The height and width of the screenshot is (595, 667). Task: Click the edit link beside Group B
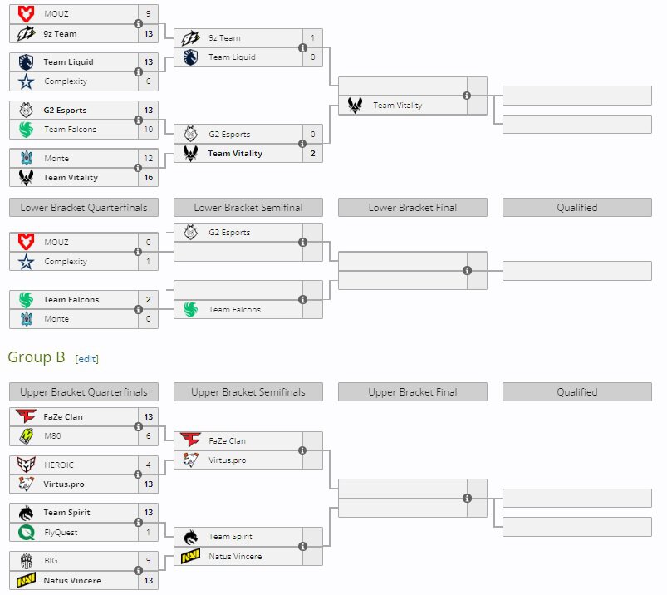(87, 358)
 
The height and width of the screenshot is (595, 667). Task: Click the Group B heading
(37, 357)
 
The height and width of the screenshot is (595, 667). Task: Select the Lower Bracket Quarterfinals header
(83, 208)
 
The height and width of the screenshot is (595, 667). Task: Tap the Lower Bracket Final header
(413, 208)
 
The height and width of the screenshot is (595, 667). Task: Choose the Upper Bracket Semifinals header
(248, 392)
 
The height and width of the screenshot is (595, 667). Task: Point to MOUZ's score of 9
(148, 14)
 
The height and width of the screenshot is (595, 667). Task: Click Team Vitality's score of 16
(148, 177)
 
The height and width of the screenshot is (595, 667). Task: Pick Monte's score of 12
(148, 158)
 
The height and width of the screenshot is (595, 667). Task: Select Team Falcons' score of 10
(148, 129)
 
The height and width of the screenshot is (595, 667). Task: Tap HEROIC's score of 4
(148, 465)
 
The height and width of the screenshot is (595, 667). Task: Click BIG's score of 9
(148, 561)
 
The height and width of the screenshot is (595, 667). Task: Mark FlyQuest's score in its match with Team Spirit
(148, 532)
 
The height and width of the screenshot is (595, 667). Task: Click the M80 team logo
(26, 436)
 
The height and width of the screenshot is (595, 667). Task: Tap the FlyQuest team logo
(26, 532)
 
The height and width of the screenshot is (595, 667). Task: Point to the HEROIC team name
(58, 465)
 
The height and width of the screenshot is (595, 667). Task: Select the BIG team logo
(26, 561)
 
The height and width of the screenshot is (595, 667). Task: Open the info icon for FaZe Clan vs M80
(138, 426)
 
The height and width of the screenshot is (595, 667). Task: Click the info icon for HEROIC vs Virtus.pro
(138, 475)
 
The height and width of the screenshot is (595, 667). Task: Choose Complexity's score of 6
(148, 81)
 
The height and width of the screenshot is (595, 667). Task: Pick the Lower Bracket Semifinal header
(248, 208)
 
